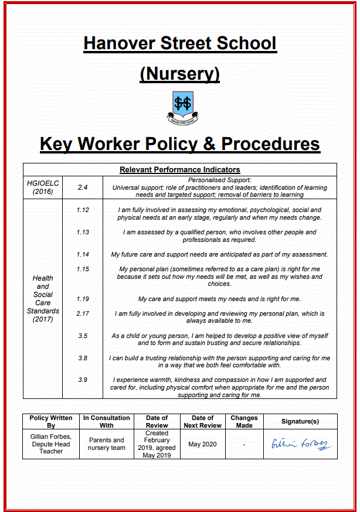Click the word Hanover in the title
[x=119, y=43]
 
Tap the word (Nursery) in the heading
[x=179, y=74]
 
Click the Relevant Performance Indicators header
[x=179, y=170]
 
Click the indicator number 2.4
[x=83, y=187]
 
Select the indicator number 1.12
[x=83, y=210]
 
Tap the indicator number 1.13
[x=83, y=232]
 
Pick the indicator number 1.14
[x=83, y=254]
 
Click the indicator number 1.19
[x=83, y=299]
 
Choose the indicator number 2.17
[x=83, y=313]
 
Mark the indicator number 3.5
[x=83, y=336]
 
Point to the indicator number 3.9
[x=83, y=380]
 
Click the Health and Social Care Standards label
[x=43, y=299]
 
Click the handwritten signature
[x=300, y=443]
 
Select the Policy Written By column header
[x=51, y=422]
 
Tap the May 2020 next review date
[x=202, y=444]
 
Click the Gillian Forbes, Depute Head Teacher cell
[x=51, y=444]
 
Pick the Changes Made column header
[x=244, y=422]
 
